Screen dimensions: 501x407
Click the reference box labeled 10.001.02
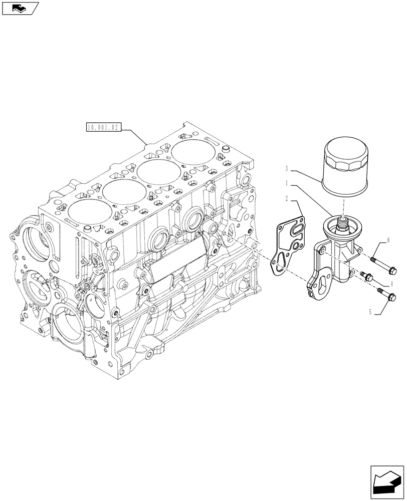(104, 128)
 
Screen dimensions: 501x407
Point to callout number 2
(286, 199)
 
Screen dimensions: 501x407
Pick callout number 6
(388, 241)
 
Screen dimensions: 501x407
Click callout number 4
(390, 283)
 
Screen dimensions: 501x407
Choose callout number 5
(371, 312)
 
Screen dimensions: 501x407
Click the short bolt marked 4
(366, 276)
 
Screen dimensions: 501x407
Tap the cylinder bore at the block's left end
(88, 210)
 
